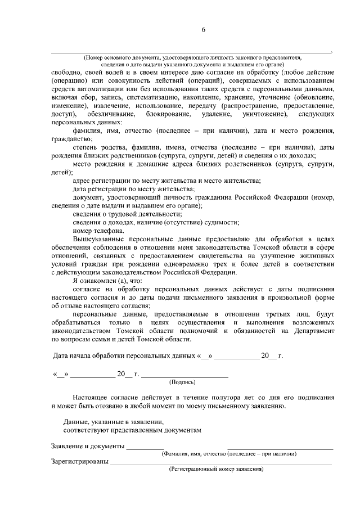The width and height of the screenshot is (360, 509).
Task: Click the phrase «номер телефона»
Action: [x=99, y=231]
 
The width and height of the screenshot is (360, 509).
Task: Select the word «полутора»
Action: [x=208, y=397]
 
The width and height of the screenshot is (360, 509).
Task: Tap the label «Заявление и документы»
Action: [x=87, y=446]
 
